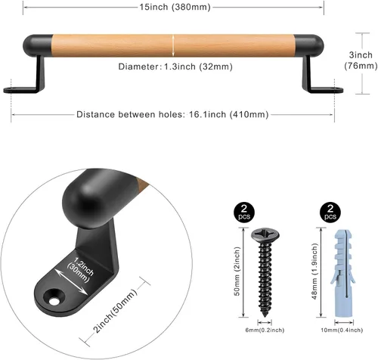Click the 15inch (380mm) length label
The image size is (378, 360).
[x=175, y=7]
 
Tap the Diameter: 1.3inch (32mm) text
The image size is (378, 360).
[x=175, y=67]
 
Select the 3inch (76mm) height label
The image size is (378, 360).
[x=361, y=61]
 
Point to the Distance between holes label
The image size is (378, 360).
[x=172, y=114]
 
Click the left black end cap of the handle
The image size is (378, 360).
[x=37, y=45]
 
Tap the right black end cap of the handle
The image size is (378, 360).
[x=309, y=45]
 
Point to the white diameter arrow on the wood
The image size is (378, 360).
[x=173, y=45]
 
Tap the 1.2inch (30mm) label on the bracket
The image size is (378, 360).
[x=81, y=270]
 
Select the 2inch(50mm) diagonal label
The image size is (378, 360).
[x=115, y=311]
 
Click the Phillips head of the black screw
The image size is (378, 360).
[x=265, y=234]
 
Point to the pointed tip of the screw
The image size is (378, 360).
[x=265, y=316]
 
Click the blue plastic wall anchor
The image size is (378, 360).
[x=343, y=273]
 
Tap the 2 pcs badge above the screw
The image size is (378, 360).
[x=244, y=212]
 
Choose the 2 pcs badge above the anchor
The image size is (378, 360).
[x=330, y=212]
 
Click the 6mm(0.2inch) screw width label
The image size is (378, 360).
[x=265, y=330]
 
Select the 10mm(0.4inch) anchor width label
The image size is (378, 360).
[x=342, y=330]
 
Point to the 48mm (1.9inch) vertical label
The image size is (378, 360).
[x=314, y=272]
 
